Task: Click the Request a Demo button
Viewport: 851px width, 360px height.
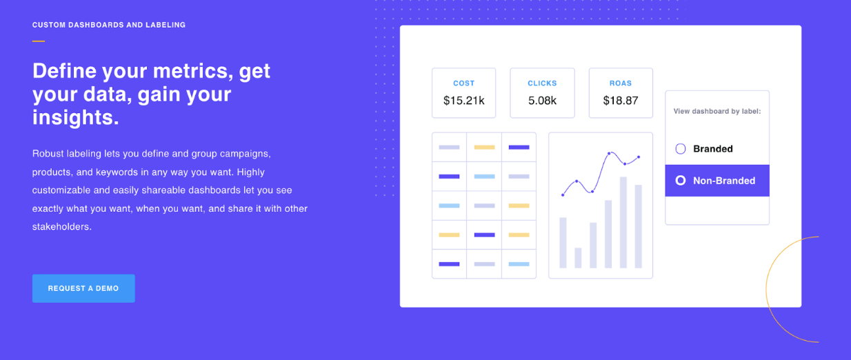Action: [83, 288]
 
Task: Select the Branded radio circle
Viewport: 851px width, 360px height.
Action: [681, 148]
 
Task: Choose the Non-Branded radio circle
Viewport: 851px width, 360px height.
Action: [681, 181]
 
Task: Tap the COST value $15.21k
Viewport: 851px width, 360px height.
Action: [464, 101]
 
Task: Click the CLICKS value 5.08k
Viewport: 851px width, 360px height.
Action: [542, 101]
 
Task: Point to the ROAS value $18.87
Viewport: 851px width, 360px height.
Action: [621, 101]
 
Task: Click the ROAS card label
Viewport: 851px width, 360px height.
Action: [621, 83]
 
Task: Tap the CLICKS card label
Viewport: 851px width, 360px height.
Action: [542, 83]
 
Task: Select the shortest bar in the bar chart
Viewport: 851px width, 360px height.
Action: [578, 258]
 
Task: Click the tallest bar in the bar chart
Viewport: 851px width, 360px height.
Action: [623, 222]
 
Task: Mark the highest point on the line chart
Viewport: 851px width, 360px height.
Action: [609, 153]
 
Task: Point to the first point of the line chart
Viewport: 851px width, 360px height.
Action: [563, 194]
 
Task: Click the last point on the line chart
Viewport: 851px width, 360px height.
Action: [639, 157]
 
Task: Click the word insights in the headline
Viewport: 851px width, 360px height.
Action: [76, 117]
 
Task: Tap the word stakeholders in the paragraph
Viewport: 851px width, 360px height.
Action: [62, 227]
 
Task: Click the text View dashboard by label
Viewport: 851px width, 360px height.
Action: [717, 111]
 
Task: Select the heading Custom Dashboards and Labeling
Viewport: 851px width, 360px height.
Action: [109, 25]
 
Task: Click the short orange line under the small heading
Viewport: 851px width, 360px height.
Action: [39, 41]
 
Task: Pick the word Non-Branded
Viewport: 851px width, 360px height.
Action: [724, 181]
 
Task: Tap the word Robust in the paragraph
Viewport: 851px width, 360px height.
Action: [48, 153]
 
